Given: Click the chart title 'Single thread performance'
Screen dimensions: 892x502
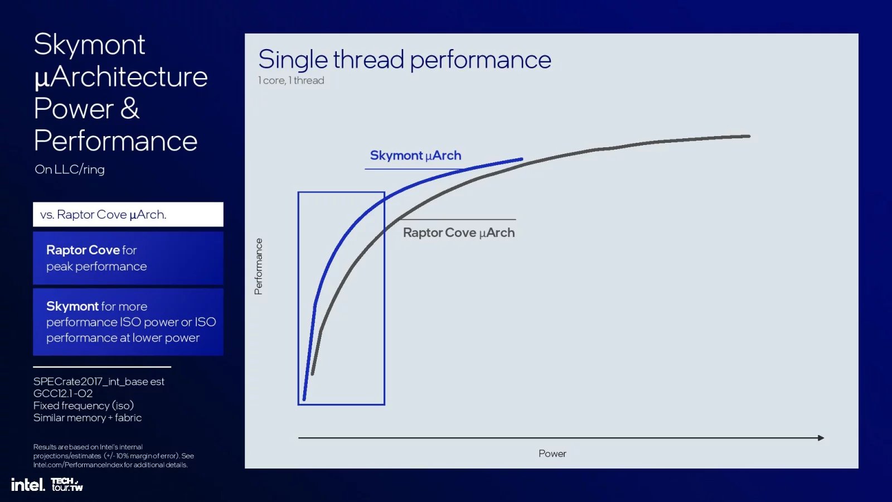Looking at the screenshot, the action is click(405, 60).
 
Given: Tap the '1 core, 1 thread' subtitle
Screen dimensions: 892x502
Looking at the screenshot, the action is click(291, 80).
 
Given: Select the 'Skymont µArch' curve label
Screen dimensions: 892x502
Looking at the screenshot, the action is click(416, 156).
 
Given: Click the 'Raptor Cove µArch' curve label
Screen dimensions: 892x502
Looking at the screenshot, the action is click(459, 233).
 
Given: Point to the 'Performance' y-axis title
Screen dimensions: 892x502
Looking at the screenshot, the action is click(259, 267).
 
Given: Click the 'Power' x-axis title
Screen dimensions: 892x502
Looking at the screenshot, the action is click(552, 453).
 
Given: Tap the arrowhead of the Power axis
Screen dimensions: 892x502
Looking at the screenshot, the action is click(821, 438).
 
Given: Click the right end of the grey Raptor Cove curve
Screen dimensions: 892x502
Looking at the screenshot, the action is click(749, 136).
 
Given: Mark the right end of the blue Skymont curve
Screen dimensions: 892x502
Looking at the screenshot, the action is click(522, 160).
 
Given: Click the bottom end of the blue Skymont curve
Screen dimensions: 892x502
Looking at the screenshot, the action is click(304, 399).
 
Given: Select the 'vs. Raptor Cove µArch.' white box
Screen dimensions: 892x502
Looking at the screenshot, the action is click(128, 214).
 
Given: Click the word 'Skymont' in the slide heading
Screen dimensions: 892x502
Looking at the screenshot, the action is click(89, 45).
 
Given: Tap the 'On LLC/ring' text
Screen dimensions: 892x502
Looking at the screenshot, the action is click(70, 170).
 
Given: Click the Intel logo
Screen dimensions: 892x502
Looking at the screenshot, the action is click(28, 485).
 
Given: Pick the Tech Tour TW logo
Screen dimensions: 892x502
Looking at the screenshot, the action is click(67, 485).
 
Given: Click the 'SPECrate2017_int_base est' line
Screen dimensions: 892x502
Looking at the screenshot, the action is click(99, 382).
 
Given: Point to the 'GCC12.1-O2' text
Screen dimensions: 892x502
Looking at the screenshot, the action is click(63, 394).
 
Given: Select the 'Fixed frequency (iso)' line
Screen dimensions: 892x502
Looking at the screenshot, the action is click(84, 406).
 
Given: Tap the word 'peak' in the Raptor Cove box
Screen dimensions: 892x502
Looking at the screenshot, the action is click(59, 267).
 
